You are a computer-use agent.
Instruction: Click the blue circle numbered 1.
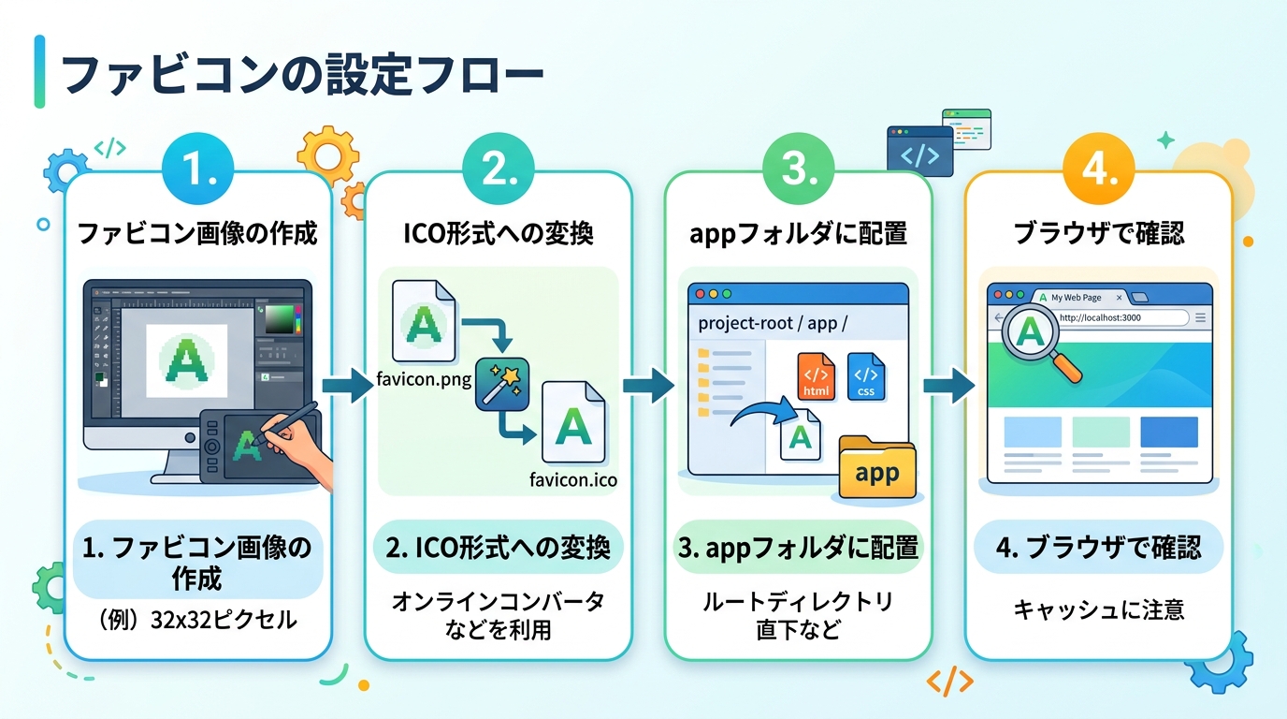click(x=198, y=170)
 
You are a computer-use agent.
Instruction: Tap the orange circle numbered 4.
click(x=1098, y=170)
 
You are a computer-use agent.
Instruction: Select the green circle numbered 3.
click(x=798, y=170)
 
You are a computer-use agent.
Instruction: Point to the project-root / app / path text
click(x=773, y=324)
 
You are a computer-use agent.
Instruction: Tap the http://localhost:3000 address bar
click(x=1118, y=318)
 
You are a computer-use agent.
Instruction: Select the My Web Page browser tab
click(x=1076, y=298)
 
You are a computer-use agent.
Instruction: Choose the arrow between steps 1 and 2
click(x=348, y=384)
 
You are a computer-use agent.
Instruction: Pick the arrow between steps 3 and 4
click(x=948, y=384)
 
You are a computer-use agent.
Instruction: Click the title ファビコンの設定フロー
click(x=301, y=74)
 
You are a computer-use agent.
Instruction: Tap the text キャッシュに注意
click(x=1098, y=609)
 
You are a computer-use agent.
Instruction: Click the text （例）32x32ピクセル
click(x=197, y=620)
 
